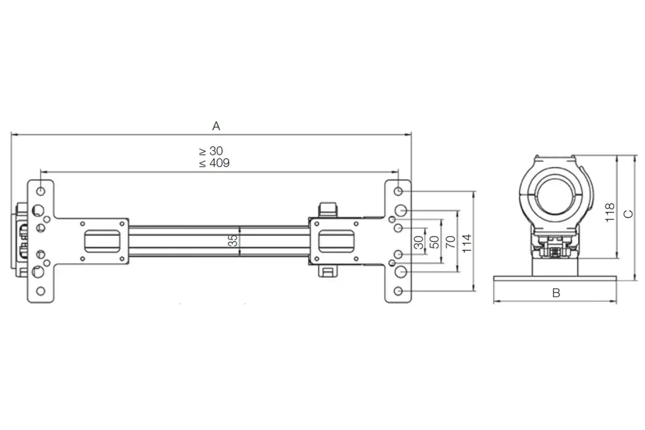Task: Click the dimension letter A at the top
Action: click(x=216, y=126)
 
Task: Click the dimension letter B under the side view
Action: click(x=556, y=293)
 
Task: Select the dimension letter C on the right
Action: click(x=628, y=213)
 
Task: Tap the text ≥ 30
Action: click(x=211, y=151)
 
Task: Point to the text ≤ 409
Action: click(x=211, y=163)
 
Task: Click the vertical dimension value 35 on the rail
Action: click(x=233, y=240)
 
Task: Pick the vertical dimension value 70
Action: click(x=450, y=241)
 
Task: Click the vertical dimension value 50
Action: click(x=434, y=241)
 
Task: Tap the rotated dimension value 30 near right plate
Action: click(x=418, y=241)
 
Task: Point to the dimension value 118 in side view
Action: click(x=609, y=212)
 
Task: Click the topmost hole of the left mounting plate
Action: click(x=41, y=190)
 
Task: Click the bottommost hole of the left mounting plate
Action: click(x=41, y=291)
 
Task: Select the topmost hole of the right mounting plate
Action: click(x=399, y=190)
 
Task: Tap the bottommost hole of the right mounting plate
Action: click(x=399, y=290)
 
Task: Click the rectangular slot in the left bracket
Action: click(x=102, y=240)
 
